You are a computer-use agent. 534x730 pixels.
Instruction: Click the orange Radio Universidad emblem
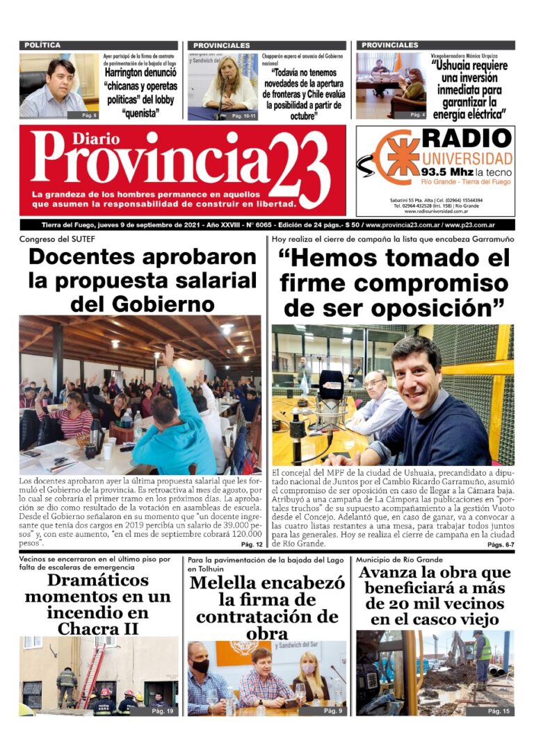(x=402, y=156)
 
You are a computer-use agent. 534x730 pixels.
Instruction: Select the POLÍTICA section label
(x=42, y=45)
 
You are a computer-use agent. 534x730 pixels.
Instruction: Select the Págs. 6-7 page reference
(x=500, y=545)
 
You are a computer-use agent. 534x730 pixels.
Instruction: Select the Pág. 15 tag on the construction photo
(x=499, y=711)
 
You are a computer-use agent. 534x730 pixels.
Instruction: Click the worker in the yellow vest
(x=481, y=658)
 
